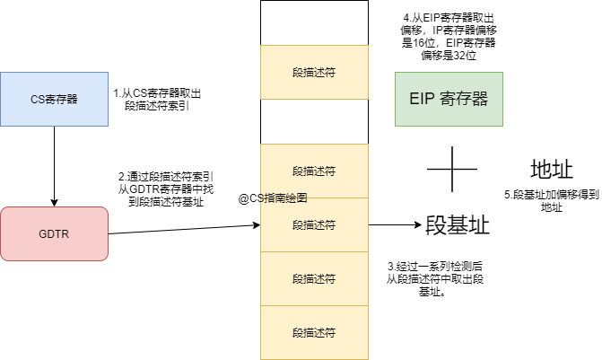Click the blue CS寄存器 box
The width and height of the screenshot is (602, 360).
pyautogui.click(x=54, y=99)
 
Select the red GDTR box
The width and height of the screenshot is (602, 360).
pyautogui.click(x=54, y=233)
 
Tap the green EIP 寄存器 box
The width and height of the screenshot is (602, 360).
pyautogui.click(x=449, y=99)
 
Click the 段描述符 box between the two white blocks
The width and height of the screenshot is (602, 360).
pyautogui.click(x=314, y=72)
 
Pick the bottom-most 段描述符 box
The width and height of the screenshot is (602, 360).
pyautogui.click(x=314, y=332)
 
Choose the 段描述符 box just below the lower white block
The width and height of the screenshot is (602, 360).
pyautogui.click(x=314, y=171)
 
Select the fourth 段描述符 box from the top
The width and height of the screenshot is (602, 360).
pyautogui.click(x=314, y=278)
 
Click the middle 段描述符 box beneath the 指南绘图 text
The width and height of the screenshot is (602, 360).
pyautogui.click(x=314, y=224)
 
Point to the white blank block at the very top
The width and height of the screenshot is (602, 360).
pyautogui.click(x=314, y=22)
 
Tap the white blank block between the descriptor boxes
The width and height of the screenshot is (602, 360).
pyautogui.click(x=314, y=121)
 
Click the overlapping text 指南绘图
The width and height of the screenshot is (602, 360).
pyautogui.click(x=284, y=198)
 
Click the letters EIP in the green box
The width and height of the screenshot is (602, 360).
pyautogui.click(x=422, y=99)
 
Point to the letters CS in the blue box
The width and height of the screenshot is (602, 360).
pyautogui.click(x=37, y=100)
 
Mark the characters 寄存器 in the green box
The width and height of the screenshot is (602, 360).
pyautogui.click(x=464, y=99)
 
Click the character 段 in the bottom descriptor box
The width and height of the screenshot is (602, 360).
pyautogui.click(x=298, y=332)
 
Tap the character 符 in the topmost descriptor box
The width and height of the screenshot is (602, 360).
pyautogui.click(x=330, y=72)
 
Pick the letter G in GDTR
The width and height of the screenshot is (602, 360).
pyautogui.click(x=42, y=234)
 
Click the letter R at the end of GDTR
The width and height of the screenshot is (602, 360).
pyautogui.click(x=65, y=234)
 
